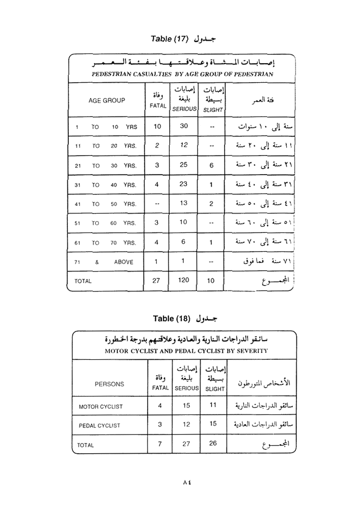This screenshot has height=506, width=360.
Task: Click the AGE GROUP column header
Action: point(107,100)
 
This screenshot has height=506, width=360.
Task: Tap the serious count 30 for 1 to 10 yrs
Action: point(184,126)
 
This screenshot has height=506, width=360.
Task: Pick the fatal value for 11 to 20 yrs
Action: point(157,145)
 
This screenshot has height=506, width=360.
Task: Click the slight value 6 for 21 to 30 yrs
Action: point(211,165)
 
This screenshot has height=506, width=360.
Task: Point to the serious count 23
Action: point(184,184)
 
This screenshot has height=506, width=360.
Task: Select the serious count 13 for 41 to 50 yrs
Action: point(184,203)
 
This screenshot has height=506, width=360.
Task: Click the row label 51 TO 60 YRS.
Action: point(105,223)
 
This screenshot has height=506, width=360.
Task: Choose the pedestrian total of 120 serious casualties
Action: point(184,280)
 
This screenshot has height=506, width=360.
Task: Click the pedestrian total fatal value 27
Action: point(156,280)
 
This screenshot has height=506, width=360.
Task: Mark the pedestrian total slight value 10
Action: point(211,280)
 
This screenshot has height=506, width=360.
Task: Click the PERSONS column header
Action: point(109,384)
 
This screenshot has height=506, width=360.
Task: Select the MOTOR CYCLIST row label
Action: point(101,407)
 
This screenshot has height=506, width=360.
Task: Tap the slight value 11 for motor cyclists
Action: point(213,405)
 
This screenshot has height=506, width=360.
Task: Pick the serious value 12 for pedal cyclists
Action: point(186,424)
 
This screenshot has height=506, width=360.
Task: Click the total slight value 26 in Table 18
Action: point(213,443)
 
